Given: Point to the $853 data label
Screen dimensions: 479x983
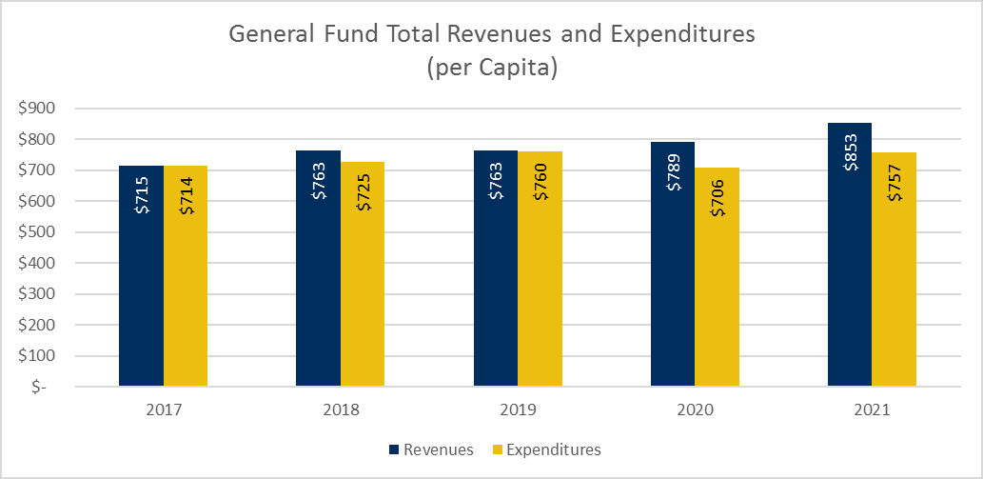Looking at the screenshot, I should (x=851, y=152).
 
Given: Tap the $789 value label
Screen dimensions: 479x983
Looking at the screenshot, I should (x=673, y=171).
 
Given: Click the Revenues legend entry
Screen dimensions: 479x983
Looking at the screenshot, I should (x=430, y=449).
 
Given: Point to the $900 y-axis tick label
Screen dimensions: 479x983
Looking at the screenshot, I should (x=37, y=109).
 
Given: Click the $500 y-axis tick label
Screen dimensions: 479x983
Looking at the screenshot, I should (x=37, y=232).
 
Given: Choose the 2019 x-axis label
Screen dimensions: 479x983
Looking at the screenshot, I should (x=518, y=411).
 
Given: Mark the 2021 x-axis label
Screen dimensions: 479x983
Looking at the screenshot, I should (x=872, y=411).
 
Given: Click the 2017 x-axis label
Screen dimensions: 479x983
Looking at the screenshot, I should (x=164, y=411).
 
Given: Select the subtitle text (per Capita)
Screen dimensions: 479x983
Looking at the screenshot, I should (x=491, y=69).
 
